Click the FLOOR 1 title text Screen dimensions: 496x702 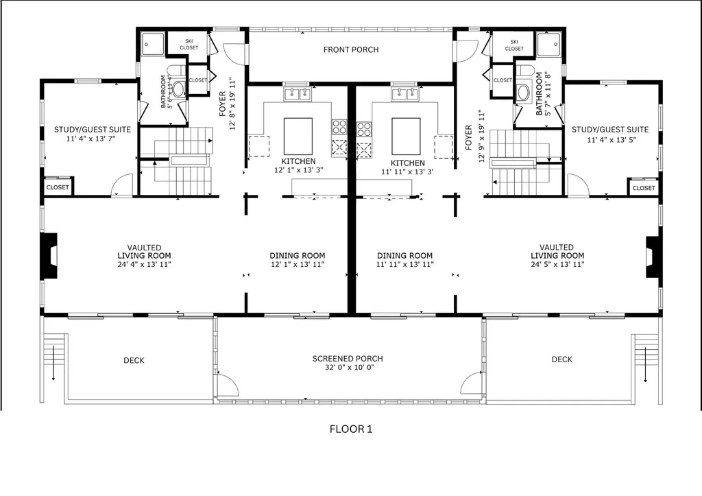point(350,429)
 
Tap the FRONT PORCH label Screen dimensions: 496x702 point(351,49)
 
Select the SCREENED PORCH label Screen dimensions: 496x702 point(348,359)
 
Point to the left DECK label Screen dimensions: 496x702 point(134,360)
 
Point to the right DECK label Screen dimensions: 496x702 point(561,359)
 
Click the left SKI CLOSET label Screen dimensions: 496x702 point(189,45)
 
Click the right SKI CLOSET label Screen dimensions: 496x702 point(514,45)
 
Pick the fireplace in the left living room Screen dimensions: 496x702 point(49,256)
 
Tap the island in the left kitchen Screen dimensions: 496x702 point(298,136)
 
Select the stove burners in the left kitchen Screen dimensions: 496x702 point(339,126)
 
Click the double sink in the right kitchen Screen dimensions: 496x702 point(405,93)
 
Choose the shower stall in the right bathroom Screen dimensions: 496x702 point(548,45)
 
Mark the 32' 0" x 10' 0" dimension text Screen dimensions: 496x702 point(348,368)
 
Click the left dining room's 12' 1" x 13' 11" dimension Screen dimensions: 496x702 point(296,264)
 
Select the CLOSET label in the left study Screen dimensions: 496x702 point(58,187)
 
